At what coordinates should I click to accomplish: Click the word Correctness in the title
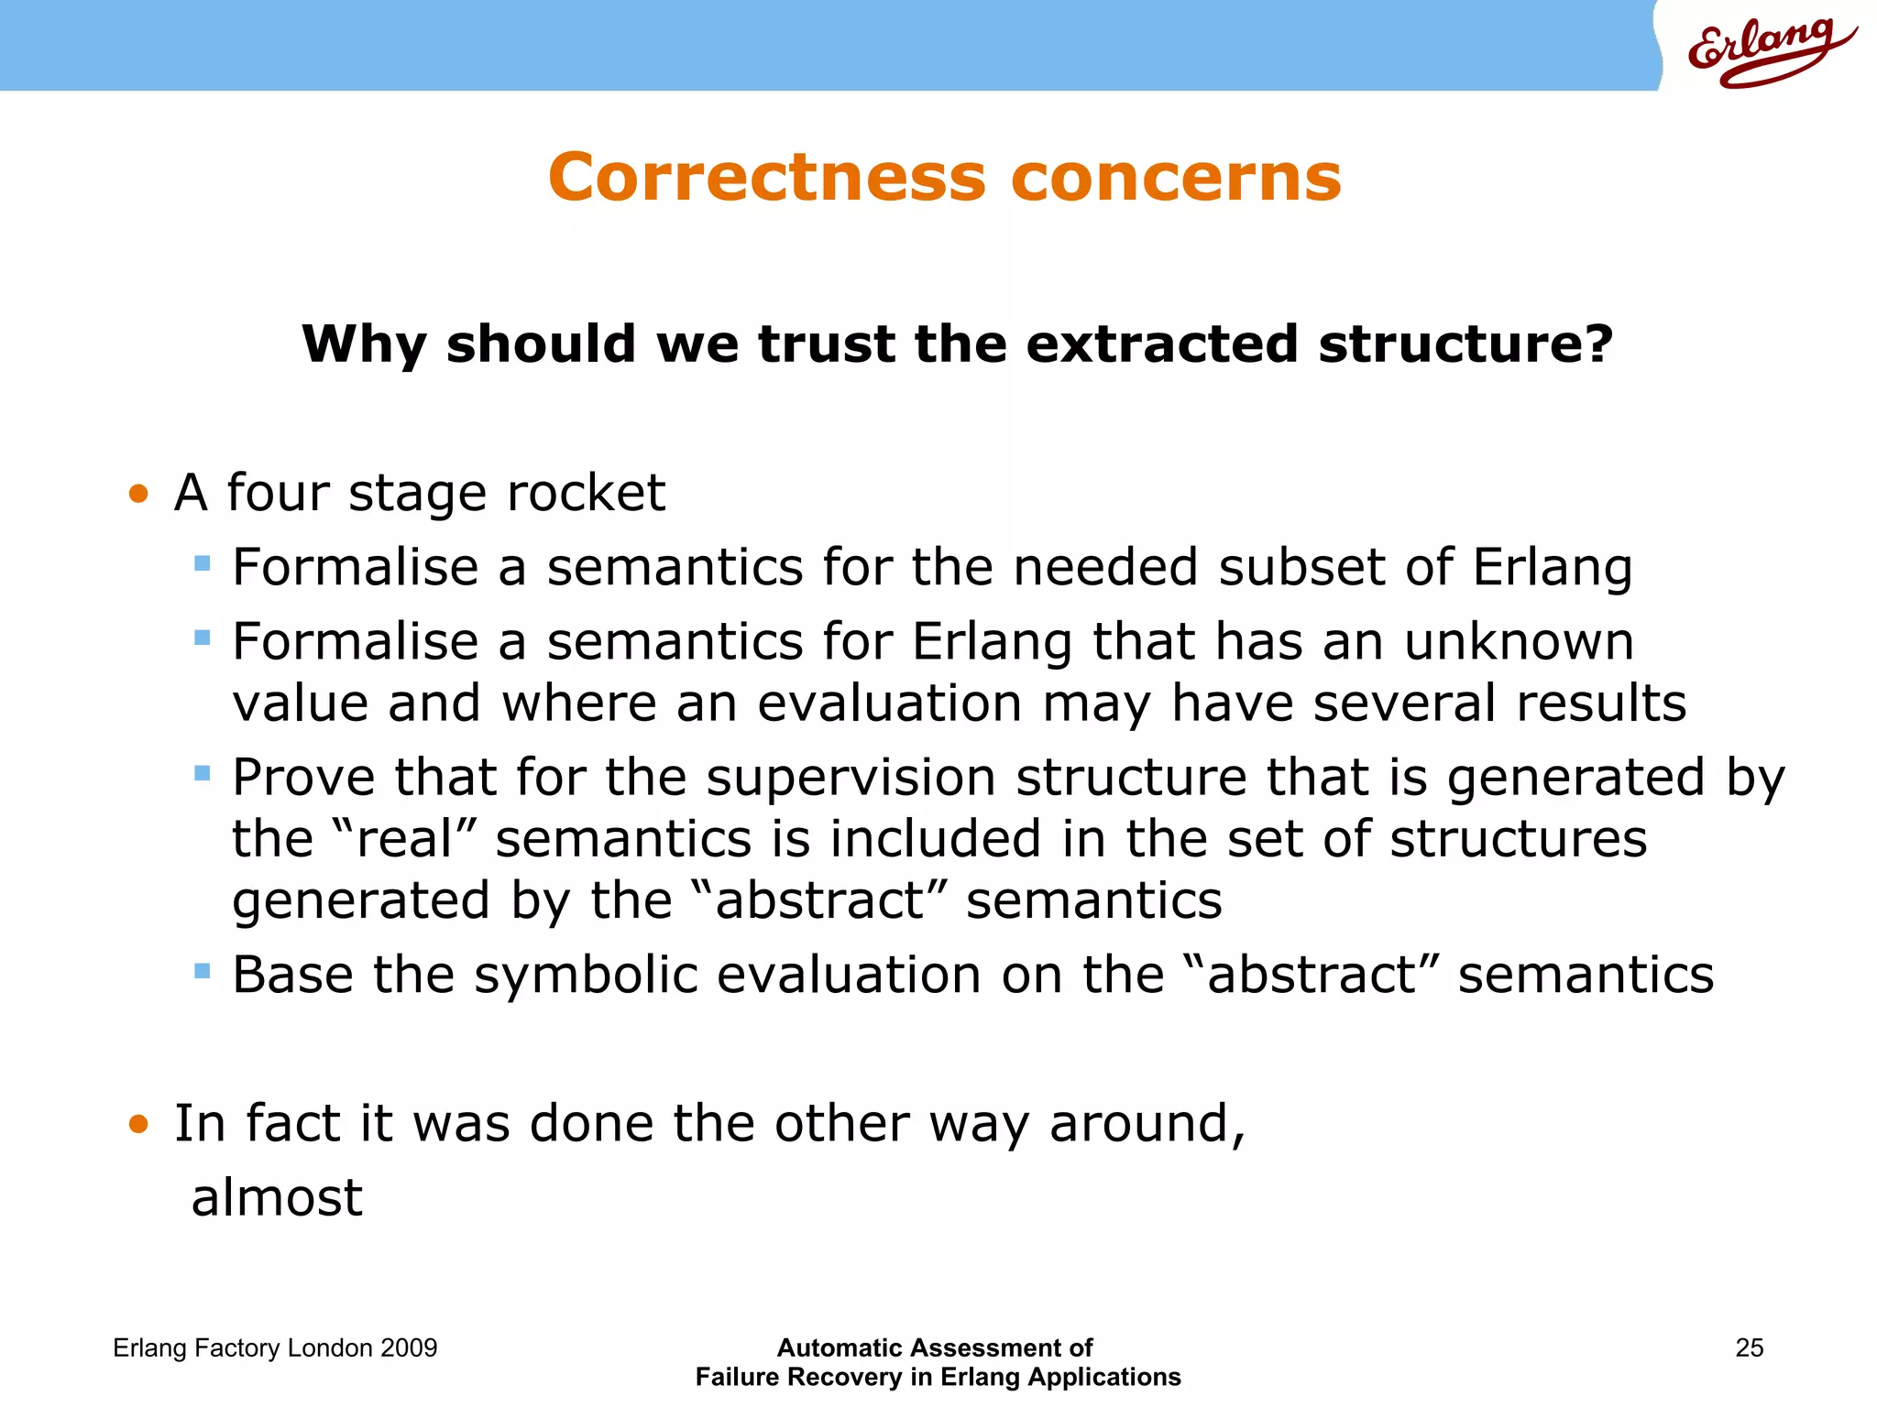click(766, 177)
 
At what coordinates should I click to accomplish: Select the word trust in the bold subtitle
click(827, 344)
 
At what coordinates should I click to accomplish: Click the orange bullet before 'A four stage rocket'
click(138, 495)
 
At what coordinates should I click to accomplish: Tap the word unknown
click(1519, 641)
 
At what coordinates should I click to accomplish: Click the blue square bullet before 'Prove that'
click(203, 775)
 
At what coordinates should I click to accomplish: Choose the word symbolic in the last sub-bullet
click(586, 975)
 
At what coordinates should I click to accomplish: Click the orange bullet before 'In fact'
click(138, 1124)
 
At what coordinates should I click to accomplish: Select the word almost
click(277, 1197)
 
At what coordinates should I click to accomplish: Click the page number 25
click(1749, 1347)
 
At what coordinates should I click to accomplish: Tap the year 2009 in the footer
click(409, 1347)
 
